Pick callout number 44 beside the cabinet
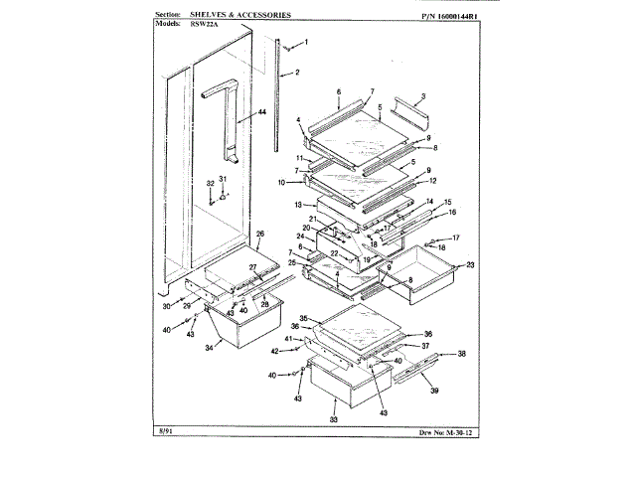(x=262, y=113)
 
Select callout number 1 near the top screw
(x=305, y=42)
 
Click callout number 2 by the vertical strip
(x=297, y=73)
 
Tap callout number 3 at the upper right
(x=422, y=96)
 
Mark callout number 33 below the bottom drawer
(x=333, y=419)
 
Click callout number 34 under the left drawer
(x=210, y=349)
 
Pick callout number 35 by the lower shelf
(x=307, y=318)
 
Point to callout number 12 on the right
(x=431, y=181)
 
